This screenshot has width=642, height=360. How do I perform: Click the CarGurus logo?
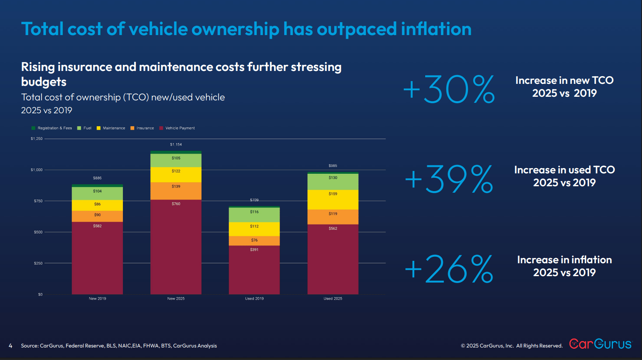pyautogui.click(x=600, y=344)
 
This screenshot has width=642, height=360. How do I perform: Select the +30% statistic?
pyautogui.click(x=449, y=89)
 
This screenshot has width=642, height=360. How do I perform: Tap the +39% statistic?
pyautogui.click(x=449, y=179)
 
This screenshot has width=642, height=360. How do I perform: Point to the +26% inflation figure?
pyautogui.click(x=449, y=268)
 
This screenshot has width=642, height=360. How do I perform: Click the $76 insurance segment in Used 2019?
pyautogui.click(x=254, y=241)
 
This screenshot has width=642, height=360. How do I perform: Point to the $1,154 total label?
pyautogui.click(x=176, y=144)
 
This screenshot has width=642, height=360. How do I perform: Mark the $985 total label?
pyautogui.click(x=333, y=166)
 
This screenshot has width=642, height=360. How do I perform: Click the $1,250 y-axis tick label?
pyautogui.click(x=37, y=139)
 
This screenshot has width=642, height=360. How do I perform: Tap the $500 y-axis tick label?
pyautogui.click(x=38, y=232)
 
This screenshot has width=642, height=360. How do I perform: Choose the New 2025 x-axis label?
pyautogui.click(x=176, y=299)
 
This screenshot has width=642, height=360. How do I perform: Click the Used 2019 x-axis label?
pyautogui.click(x=254, y=299)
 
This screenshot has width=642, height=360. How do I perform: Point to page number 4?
pyautogui.click(x=10, y=346)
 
